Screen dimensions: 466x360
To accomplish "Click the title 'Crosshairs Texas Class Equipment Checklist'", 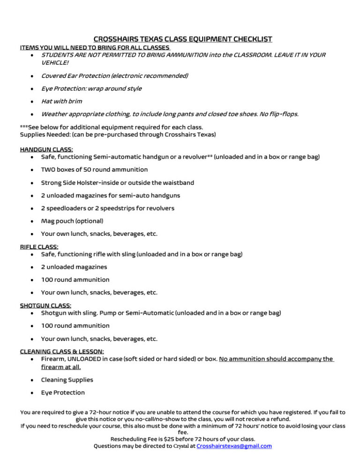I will (183, 39).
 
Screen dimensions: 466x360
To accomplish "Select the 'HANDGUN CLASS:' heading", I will (46, 150).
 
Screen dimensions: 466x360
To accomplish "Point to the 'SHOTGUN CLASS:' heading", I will (45, 306).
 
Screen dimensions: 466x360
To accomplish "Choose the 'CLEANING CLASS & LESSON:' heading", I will (62, 351).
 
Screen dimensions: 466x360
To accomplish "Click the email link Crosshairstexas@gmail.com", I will (234, 446).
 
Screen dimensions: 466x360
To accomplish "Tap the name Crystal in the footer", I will (184, 446).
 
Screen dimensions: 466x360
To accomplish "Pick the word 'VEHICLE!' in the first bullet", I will (55, 62).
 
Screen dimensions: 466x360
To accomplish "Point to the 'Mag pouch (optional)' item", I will (72, 221).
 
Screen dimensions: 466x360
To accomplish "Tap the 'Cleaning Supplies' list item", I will (67, 380).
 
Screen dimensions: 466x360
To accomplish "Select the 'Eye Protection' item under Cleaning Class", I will (63, 392).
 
